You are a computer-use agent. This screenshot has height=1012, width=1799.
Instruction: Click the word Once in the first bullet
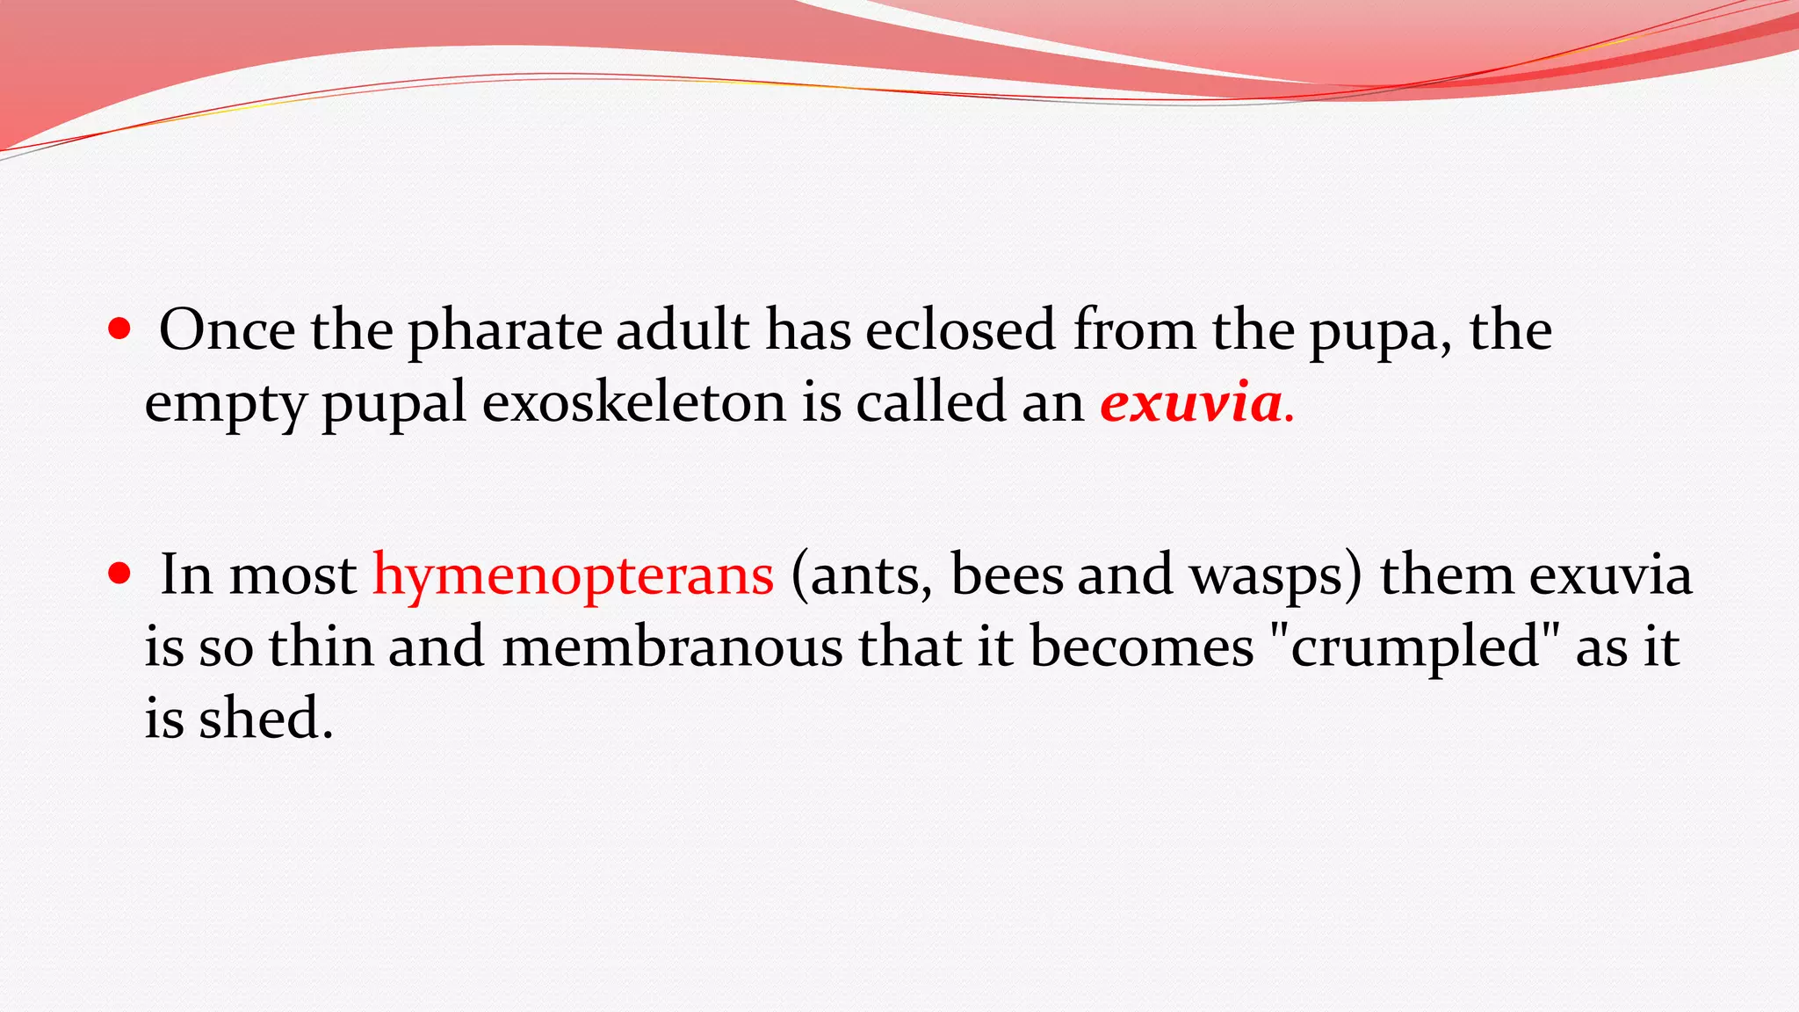(x=227, y=330)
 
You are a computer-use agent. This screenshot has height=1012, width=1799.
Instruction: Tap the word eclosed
(x=960, y=330)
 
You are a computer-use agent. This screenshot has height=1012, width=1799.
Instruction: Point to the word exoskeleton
(x=633, y=402)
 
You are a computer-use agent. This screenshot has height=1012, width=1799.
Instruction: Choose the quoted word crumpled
(x=1415, y=648)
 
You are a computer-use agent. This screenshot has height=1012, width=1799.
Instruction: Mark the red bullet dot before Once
(x=119, y=329)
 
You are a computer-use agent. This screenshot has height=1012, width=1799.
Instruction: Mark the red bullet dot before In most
(x=119, y=574)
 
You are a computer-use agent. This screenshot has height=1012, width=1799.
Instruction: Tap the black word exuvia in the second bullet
(x=1610, y=576)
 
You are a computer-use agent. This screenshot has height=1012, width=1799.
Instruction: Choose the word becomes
(x=1142, y=647)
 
